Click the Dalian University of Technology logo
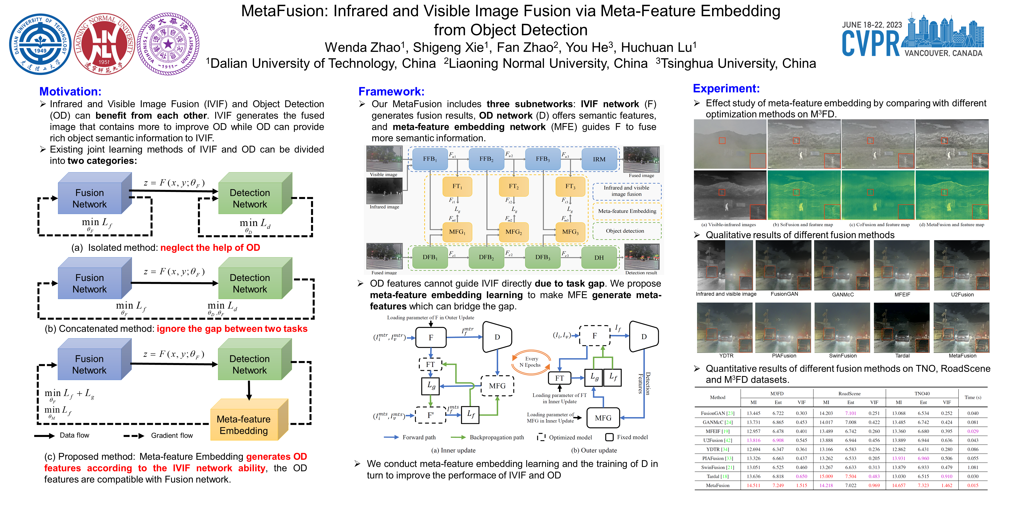click(x=40, y=44)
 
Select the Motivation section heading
click(x=70, y=91)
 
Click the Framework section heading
click(x=391, y=91)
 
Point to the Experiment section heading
click(x=726, y=88)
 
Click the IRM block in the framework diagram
click(x=599, y=159)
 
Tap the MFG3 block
click(x=570, y=232)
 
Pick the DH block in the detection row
click(x=599, y=257)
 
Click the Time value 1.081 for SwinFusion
click(x=972, y=467)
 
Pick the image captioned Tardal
click(x=902, y=327)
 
